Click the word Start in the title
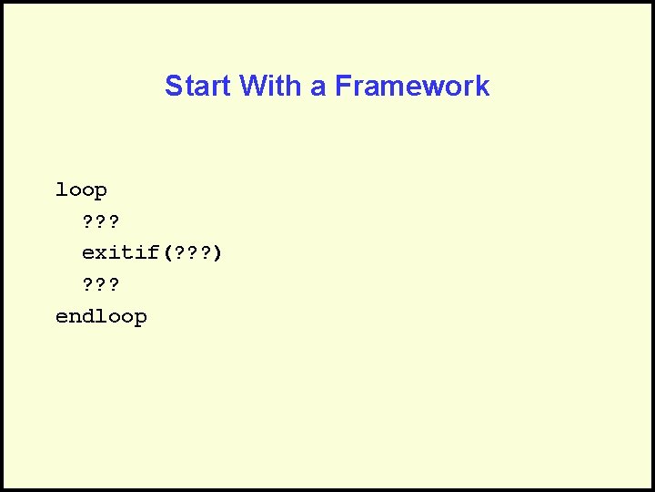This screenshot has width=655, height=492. [x=198, y=86]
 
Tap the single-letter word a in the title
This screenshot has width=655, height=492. [x=318, y=87]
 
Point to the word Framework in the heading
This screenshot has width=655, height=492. [x=412, y=86]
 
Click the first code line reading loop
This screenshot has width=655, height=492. [x=81, y=190]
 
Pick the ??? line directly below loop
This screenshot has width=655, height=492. [x=101, y=221]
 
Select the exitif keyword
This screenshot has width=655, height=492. [x=120, y=252]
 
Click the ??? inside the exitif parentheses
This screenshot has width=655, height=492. [x=192, y=252]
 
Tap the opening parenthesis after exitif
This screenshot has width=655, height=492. [x=166, y=252]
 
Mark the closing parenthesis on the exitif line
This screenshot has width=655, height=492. [x=217, y=252]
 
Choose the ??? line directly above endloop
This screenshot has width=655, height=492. [x=101, y=285]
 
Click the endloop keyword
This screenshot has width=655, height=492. [x=101, y=316]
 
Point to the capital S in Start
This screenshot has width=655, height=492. [x=173, y=86]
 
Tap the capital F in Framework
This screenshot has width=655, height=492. [x=343, y=86]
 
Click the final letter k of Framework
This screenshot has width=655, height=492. [x=484, y=86]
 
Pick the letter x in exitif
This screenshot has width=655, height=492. [x=101, y=252]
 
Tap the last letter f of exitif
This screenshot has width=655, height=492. [x=153, y=252]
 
